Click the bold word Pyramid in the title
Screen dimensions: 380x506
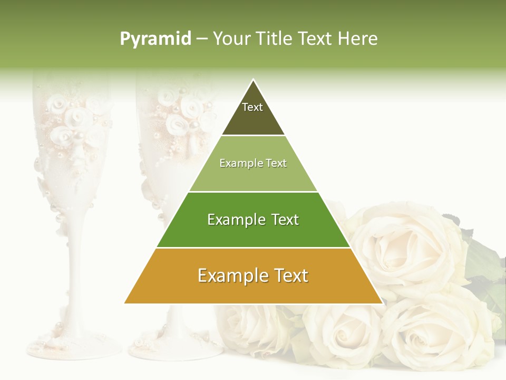tap(155, 39)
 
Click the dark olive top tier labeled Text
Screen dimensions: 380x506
tap(253, 113)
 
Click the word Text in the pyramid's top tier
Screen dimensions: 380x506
tap(252, 107)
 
